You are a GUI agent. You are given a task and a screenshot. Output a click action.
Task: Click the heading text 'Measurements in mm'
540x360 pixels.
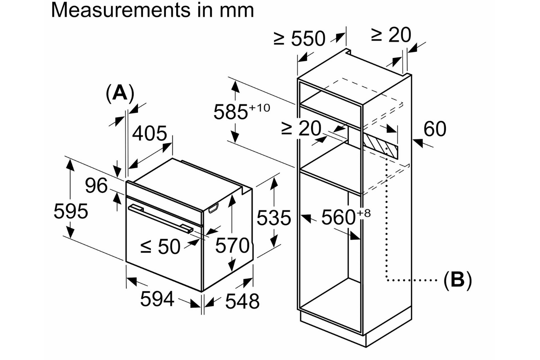152,10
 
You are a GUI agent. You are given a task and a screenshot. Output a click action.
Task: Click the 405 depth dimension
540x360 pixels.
149,134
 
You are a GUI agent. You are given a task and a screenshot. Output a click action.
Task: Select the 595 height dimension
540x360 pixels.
71,211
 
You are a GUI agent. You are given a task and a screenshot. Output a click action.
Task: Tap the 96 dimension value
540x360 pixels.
96,186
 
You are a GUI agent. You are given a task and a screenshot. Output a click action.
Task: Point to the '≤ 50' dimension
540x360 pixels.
160,247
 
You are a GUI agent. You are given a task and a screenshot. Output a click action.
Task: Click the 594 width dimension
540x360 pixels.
157,299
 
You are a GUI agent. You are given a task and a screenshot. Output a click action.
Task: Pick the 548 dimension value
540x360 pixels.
242,301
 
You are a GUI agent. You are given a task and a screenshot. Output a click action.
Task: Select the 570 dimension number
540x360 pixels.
232,246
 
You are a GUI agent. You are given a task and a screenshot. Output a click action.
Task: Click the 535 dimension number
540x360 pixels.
274,218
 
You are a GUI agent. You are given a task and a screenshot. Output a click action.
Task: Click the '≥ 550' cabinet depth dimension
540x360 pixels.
300,39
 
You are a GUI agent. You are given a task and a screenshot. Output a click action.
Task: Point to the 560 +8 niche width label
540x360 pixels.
345,217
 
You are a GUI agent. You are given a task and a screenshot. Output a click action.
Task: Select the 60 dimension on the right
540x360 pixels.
435,129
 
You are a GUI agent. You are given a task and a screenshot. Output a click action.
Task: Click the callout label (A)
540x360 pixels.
120,93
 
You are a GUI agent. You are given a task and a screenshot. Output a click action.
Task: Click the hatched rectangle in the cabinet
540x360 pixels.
380,146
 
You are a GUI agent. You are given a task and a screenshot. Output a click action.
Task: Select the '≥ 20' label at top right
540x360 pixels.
391,35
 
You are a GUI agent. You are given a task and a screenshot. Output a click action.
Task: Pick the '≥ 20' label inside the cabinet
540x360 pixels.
301,128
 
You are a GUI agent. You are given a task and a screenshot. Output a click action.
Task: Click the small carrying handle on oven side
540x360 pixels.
213,208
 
